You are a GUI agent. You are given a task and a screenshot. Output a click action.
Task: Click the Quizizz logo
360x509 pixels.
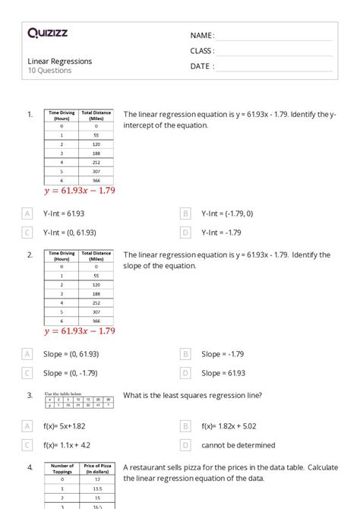pyautogui.click(x=48, y=33)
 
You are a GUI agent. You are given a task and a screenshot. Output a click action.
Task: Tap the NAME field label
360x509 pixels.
pyautogui.click(x=202, y=36)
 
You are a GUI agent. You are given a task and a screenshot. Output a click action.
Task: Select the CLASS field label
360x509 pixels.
pyautogui.click(x=202, y=51)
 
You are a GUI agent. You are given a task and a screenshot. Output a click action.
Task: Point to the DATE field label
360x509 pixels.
pyautogui.click(x=202, y=66)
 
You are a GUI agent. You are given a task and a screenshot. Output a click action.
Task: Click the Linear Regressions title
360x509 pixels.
pyautogui.click(x=60, y=61)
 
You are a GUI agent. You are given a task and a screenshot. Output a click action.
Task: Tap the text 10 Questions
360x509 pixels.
pyautogui.click(x=50, y=71)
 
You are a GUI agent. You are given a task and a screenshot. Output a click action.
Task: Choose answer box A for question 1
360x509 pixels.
pyautogui.click(x=27, y=214)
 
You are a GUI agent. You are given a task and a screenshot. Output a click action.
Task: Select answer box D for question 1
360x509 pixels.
pyautogui.click(x=185, y=232)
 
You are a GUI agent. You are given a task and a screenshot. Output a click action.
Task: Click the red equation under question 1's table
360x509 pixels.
pyautogui.click(x=80, y=190)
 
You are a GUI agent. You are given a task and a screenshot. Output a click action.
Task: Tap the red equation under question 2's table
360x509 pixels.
pyautogui.click(x=80, y=330)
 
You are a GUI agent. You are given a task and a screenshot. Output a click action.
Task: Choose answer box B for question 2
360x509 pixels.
pyautogui.click(x=185, y=354)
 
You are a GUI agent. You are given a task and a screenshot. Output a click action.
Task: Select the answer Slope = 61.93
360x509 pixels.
pyautogui.click(x=223, y=373)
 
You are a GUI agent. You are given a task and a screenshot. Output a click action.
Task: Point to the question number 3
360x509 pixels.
pyautogui.click(x=30, y=396)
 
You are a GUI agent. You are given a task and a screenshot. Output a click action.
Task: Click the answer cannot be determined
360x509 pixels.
pyautogui.click(x=238, y=445)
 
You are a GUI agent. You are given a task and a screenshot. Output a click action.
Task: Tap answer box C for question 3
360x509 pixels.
pyautogui.click(x=27, y=445)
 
